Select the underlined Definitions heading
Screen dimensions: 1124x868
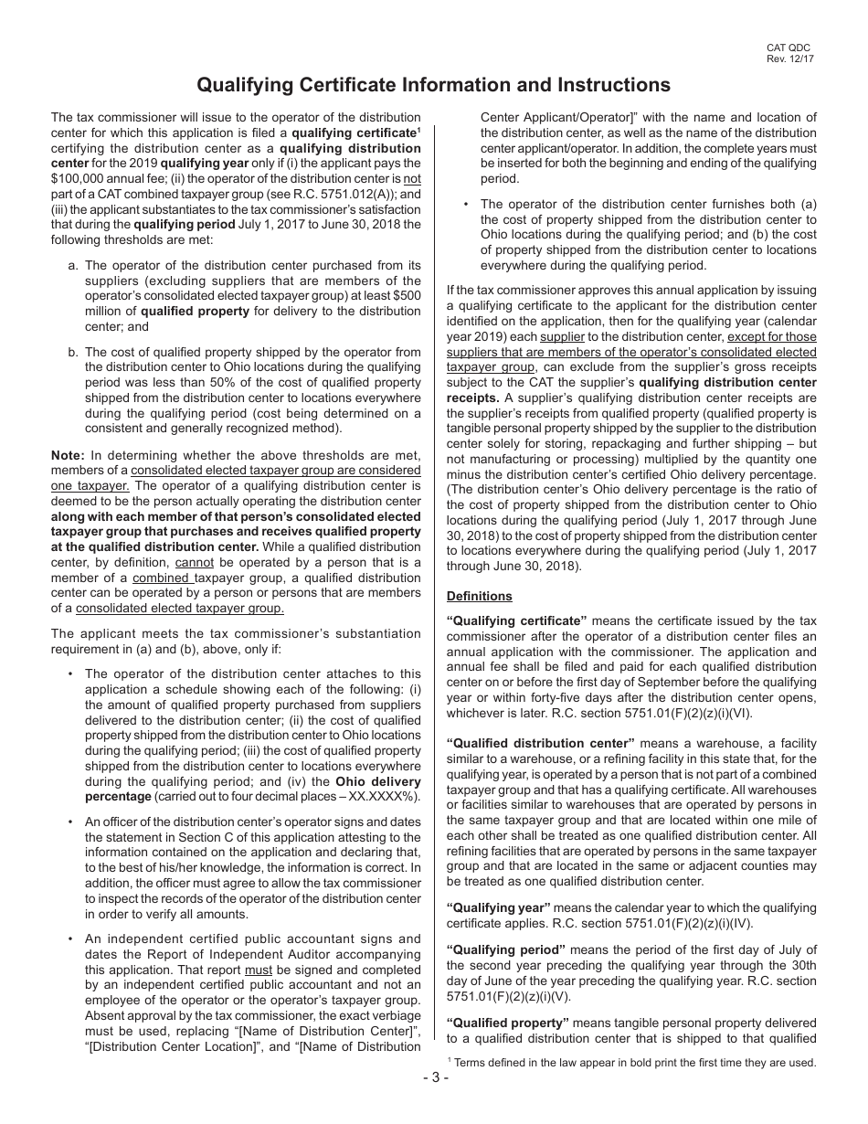[x=479, y=597]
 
